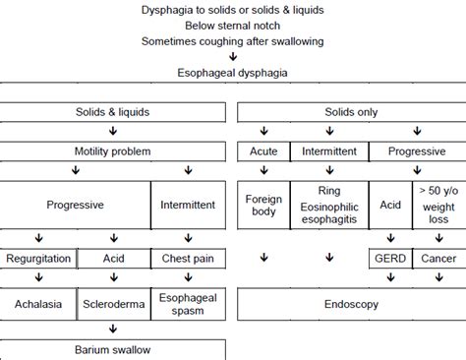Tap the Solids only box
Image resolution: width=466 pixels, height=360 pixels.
click(352, 114)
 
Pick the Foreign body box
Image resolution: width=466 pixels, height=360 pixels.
click(262, 206)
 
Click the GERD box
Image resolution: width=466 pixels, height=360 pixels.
click(390, 259)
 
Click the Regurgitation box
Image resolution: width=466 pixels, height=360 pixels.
click(38, 259)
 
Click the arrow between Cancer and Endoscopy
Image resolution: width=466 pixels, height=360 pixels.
click(438, 282)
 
